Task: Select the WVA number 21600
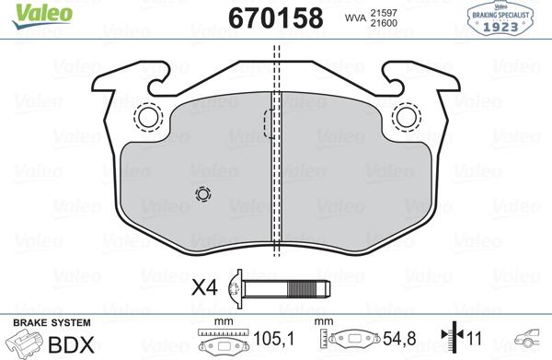click(x=383, y=23)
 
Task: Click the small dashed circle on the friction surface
click(x=203, y=194)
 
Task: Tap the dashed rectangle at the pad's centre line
click(x=270, y=123)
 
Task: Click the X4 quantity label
click(x=204, y=288)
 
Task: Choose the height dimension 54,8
click(x=396, y=340)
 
